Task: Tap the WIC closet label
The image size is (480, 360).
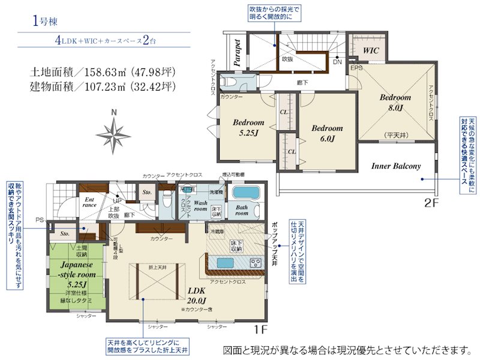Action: tap(371, 50)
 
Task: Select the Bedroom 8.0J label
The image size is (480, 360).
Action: tap(394, 103)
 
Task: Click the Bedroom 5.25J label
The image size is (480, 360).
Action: tap(248, 127)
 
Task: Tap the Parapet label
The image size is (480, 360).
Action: tap(237, 52)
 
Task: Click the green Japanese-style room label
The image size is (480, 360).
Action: tap(75, 272)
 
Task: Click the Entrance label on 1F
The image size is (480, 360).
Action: tap(90, 202)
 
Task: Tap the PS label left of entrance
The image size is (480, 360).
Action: tap(40, 220)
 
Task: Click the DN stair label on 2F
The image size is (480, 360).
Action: tap(337, 61)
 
